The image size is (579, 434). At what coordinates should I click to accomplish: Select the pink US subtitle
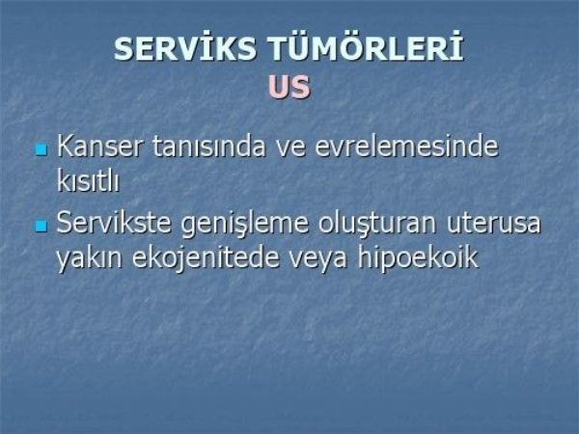point(289,87)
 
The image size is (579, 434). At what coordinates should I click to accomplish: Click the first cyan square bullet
point(41,149)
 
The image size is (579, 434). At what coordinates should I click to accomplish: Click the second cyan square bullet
point(41,226)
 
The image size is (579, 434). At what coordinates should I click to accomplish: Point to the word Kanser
point(99,147)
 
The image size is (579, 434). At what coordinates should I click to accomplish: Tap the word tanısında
point(208,147)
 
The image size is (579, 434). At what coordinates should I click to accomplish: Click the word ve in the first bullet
point(291,149)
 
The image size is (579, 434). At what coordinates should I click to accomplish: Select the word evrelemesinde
point(406,147)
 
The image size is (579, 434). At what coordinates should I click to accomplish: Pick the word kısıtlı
point(88,180)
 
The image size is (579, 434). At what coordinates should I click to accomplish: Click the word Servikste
point(114,222)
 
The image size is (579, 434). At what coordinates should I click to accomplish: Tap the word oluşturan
point(377,224)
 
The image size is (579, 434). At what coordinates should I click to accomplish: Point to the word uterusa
point(494,224)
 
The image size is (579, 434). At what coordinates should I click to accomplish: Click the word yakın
point(89,258)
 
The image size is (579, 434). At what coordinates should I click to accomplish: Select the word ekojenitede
point(206,258)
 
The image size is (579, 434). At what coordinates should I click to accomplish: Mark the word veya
point(317,260)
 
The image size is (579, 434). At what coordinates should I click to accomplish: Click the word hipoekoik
point(418,258)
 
